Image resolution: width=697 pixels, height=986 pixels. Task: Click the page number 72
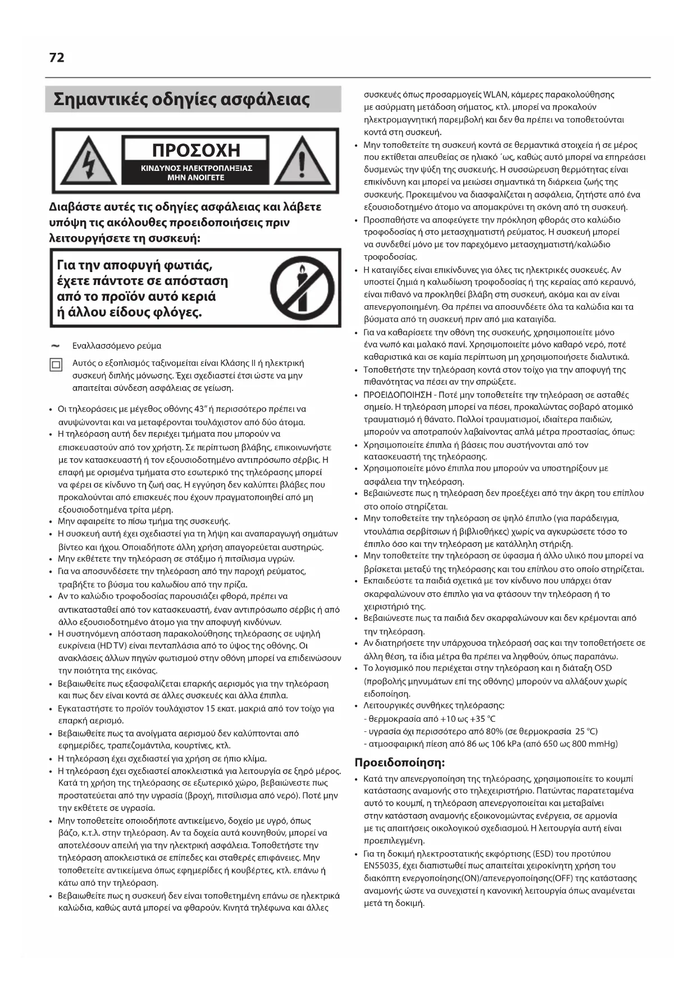(x=57, y=57)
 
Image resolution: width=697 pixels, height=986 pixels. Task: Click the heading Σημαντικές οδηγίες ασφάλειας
(x=181, y=99)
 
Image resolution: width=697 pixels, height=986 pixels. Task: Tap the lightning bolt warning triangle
(x=88, y=161)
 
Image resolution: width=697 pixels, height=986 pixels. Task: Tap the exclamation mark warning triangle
(x=302, y=161)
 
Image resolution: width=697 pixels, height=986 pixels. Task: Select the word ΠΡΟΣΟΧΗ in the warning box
(x=196, y=150)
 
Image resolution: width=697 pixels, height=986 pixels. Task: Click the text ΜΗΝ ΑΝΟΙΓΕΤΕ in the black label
(x=196, y=178)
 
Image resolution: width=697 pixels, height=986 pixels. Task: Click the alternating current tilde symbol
(x=55, y=345)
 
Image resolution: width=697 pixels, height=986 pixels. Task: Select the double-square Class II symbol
(x=56, y=365)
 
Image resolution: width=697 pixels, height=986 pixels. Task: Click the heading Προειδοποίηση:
(x=399, y=763)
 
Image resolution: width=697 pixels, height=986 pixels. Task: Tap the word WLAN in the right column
(x=495, y=94)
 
